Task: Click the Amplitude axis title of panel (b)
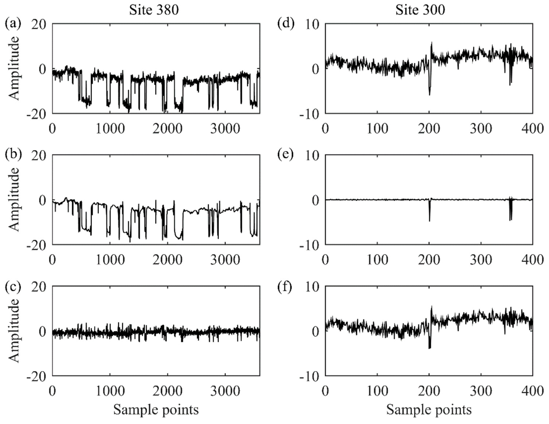14,200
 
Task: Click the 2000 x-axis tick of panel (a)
167,129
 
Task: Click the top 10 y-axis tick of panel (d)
312,25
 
